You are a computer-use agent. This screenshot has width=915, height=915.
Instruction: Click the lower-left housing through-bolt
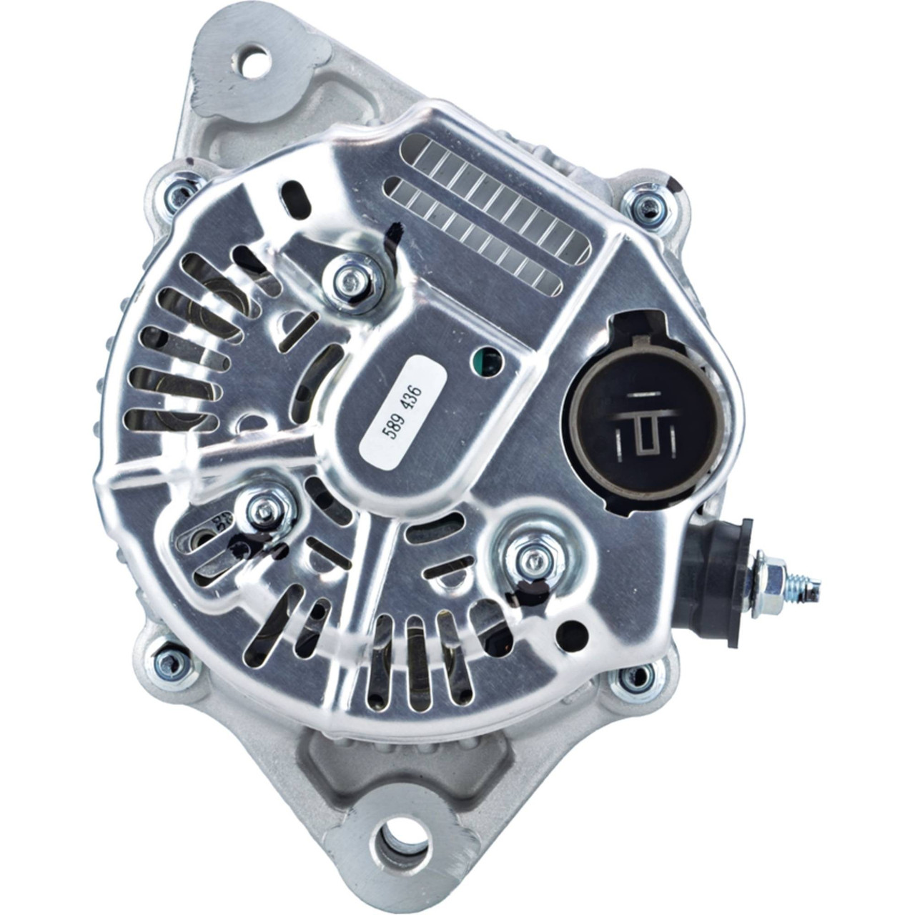172,661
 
